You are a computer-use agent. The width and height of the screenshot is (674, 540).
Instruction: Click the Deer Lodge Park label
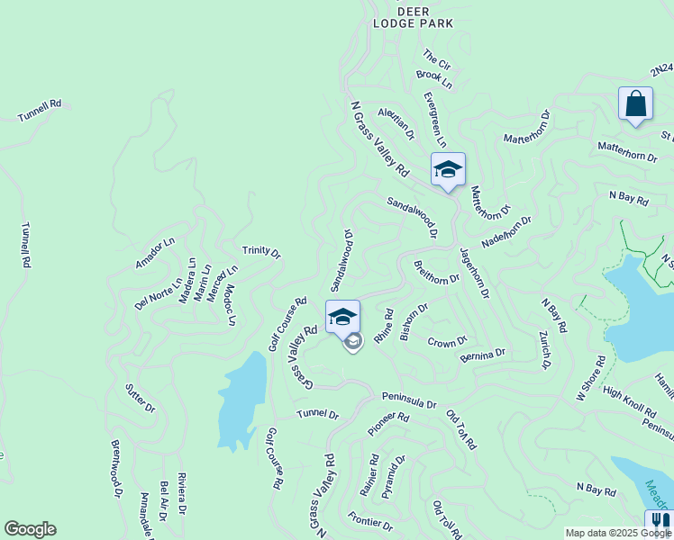click(x=413, y=17)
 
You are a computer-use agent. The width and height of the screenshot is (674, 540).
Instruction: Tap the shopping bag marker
click(x=635, y=103)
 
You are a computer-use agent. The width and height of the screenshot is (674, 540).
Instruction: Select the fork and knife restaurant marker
click(x=659, y=523)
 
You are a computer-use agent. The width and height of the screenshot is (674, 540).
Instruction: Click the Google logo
click(x=30, y=529)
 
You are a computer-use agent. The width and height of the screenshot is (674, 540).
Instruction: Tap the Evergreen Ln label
click(x=435, y=119)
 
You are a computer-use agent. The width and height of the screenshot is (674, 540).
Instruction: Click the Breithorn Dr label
click(x=436, y=272)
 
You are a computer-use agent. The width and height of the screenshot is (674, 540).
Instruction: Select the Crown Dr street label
click(x=447, y=342)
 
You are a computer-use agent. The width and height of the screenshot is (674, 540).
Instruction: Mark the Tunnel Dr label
click(x=318, y=415)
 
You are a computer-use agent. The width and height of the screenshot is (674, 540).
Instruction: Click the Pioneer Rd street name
click(x=388, y=425)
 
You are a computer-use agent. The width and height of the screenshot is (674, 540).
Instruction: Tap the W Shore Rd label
click(x=591, y=378)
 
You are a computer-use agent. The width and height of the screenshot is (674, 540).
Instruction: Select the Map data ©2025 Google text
click(x=617, y=533)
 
